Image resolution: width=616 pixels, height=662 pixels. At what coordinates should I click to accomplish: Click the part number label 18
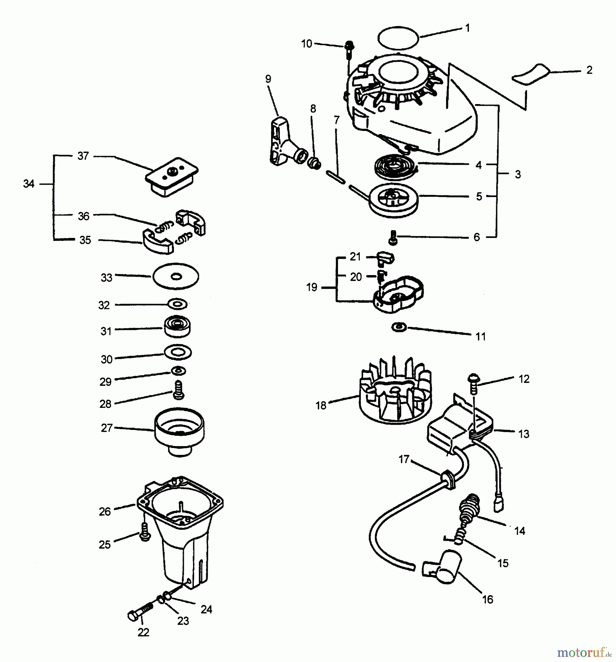pyautogui.click(x=321, y=405)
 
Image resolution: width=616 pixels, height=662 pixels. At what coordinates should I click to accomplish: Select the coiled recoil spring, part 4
pyautogui.click(x=396, y=168)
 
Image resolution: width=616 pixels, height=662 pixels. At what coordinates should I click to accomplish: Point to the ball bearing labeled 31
pyautogui.click(x=178, y=326)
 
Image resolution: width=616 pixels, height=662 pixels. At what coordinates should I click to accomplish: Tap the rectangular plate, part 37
pyautogui.click(x=172, y=177)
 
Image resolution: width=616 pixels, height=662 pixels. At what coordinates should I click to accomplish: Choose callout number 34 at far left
pyautogui.click(x=28, y=184)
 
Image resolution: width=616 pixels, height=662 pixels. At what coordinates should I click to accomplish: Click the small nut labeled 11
pyautogui.click(x=399, y=327)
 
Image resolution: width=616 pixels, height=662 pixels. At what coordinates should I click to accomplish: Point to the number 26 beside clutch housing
pyautogui.click(x=105, y=511)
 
